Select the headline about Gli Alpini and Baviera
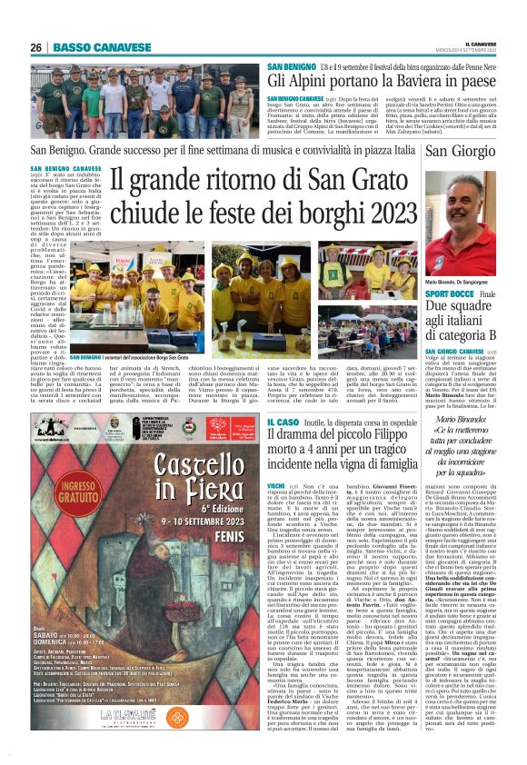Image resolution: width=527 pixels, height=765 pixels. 382,82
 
